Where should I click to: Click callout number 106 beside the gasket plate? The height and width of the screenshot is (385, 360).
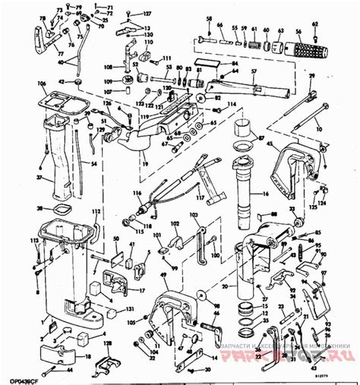[x=32, y=86]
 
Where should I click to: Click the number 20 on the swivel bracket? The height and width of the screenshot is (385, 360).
[x=224, y=286]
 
